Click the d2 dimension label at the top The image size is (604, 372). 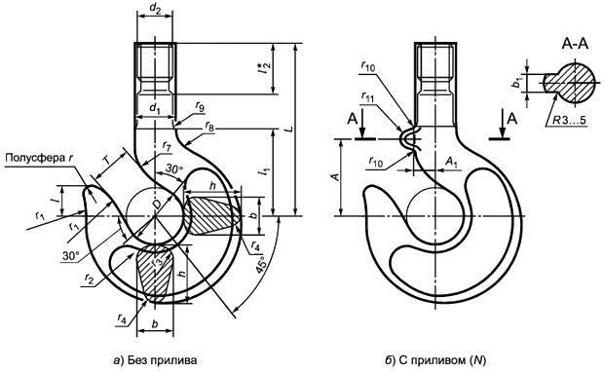(155, 10)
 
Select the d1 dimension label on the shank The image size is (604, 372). (155, 109)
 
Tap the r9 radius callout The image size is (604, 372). (200, 106)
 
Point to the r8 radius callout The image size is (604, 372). (209, 126)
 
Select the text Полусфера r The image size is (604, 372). (39, 158)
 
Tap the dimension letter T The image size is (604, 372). (109, 161)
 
